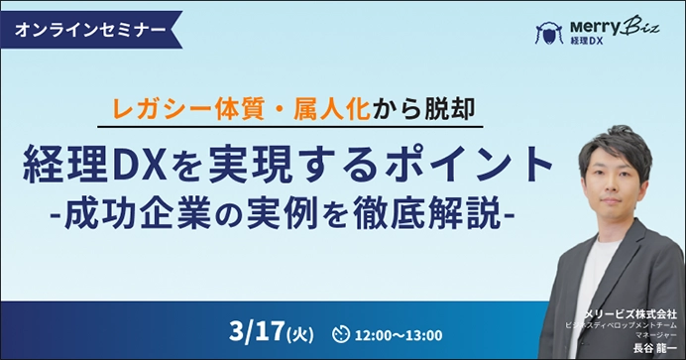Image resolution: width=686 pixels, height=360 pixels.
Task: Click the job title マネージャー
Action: click(x=656, y=335)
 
